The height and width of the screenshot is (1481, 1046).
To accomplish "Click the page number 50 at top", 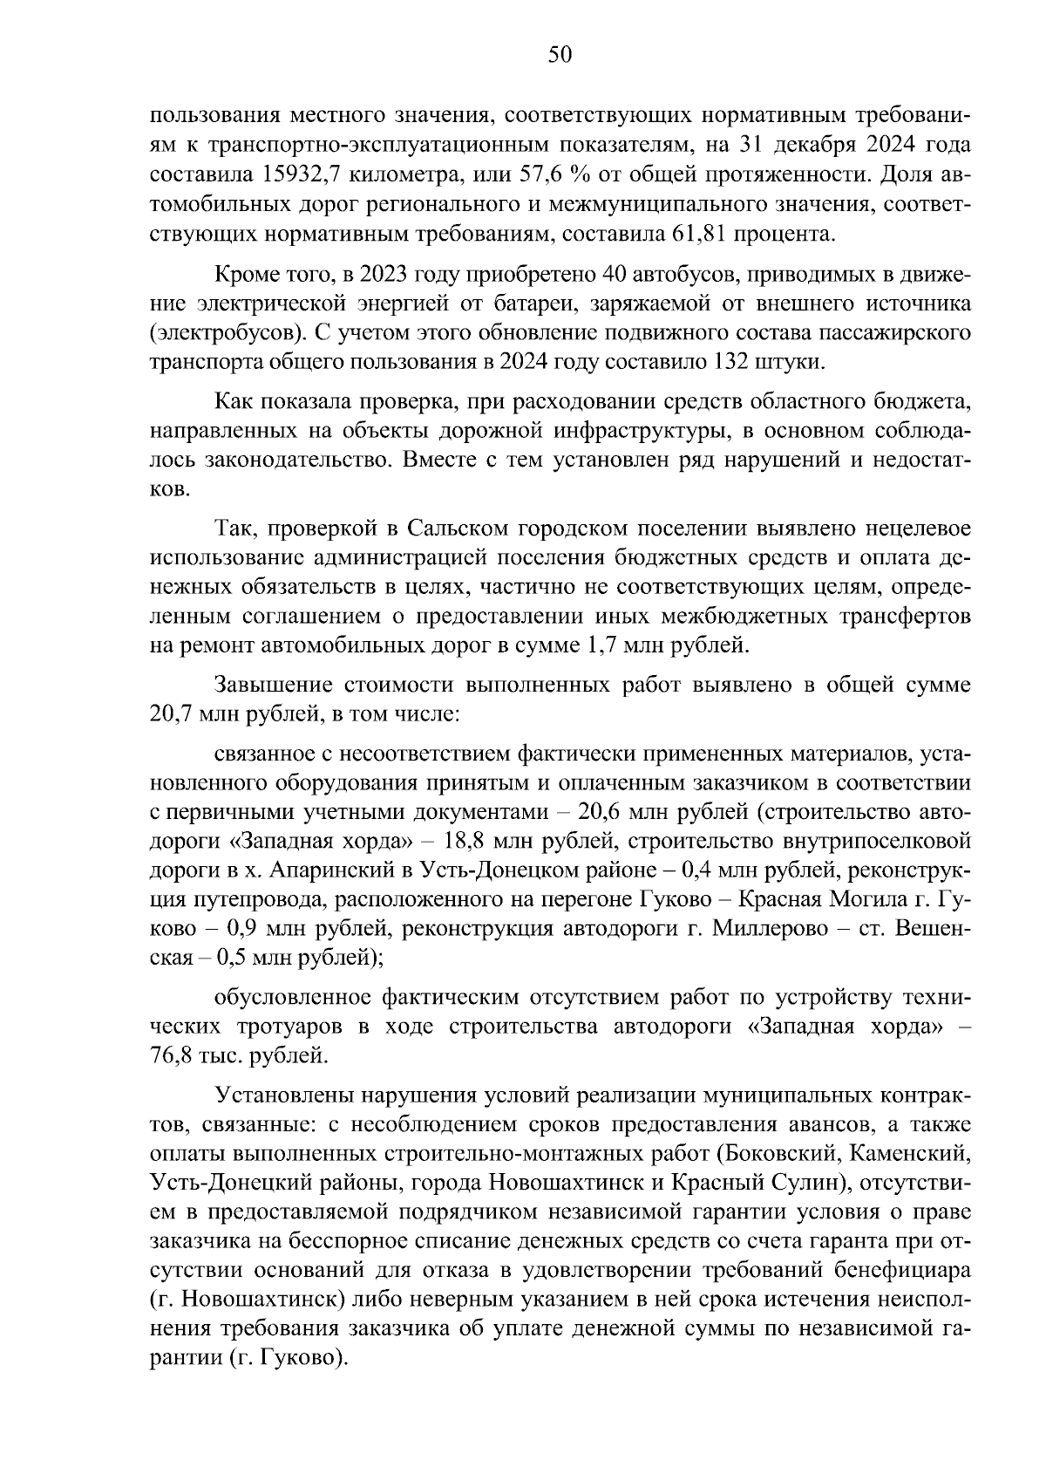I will tap(560, 56).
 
